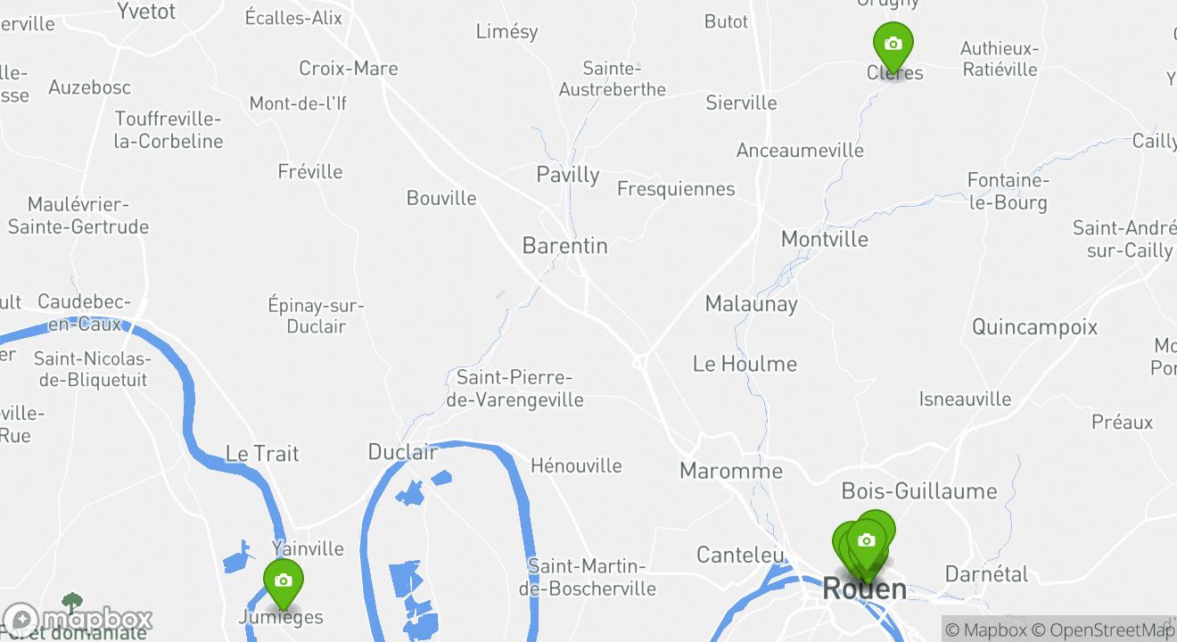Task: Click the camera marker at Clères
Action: click(x=893, y=44)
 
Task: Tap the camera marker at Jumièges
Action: click(x=283, y=581)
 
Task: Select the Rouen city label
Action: click(x=864, y=588)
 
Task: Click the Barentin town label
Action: click(x=565, y=245)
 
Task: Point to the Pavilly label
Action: click(x=567, y=174)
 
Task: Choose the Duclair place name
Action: click(x=403, y=452)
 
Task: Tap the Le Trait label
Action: click(x=262, y=453)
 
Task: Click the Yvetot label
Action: click(x=146, y=12)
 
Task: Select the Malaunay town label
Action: click(x=751, y=303)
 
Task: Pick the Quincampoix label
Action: click(x=1034, y=326)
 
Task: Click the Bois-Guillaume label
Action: click(x=918, y=490)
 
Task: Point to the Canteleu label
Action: click(x=739, y=555)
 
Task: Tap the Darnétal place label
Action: click(x=986, y=573)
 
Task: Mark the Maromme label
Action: click(x=731, y=471)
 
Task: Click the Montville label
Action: click(x=824, y=239)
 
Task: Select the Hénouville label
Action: click(x=576, y=465)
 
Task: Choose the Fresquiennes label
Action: click(x=676, y=189)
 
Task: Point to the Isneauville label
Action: click(x=965, y=399)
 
